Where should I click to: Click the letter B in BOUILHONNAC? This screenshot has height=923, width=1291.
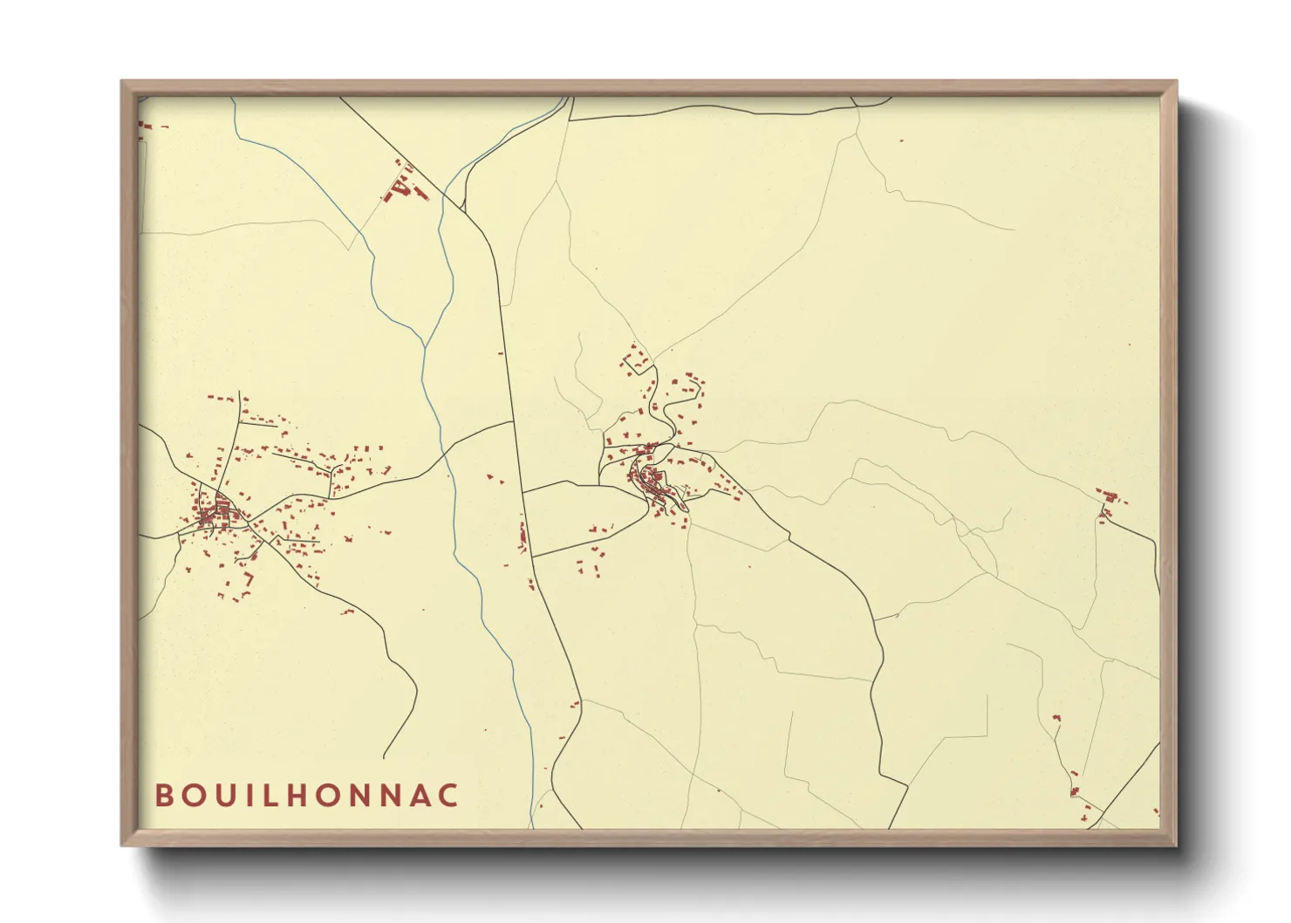click(x=163, y=796)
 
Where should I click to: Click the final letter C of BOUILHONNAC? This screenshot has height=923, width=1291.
click(x=448, y=796)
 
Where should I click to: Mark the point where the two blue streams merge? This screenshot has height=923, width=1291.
click(x=425, y=347)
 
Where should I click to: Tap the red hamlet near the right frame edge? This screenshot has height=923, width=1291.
click(x=1109, y=502)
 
